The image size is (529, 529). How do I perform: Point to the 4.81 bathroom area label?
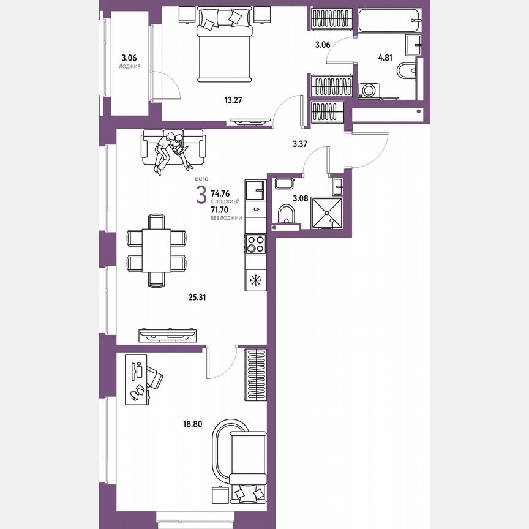[x=385, y=58]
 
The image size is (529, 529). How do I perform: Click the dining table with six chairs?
[x=156, y=250]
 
